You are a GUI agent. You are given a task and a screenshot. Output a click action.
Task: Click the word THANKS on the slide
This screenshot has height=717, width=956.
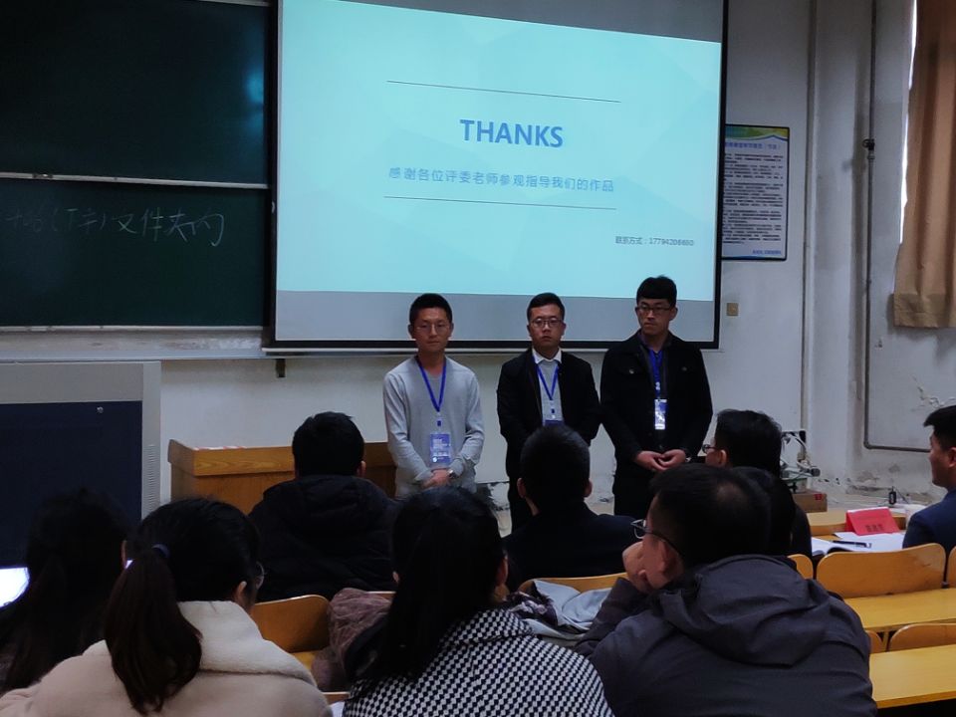(x=511, y=133)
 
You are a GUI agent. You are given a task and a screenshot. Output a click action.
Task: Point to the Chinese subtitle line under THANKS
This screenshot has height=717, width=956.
(x=500, y=185)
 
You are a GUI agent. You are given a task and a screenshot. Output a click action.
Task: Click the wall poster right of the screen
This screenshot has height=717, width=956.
(x=755, y=192)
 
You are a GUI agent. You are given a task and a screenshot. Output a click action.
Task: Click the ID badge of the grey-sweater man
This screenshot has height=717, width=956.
(x=440, y=447)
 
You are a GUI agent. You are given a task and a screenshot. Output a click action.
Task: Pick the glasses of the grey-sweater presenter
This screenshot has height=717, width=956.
(x=432, y=326)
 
